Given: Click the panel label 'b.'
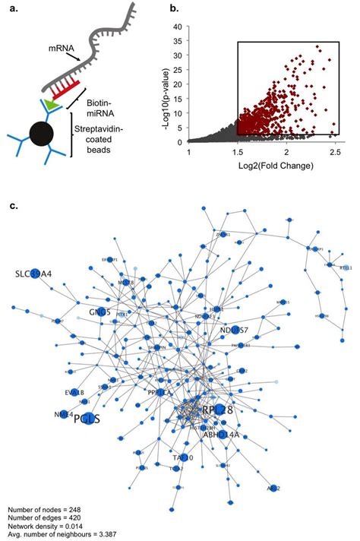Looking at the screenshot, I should [174, 9].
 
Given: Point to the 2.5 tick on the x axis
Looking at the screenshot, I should [334, 153].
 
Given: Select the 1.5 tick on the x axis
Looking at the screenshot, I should [238, 153].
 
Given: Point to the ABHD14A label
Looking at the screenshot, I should [220, 435].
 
